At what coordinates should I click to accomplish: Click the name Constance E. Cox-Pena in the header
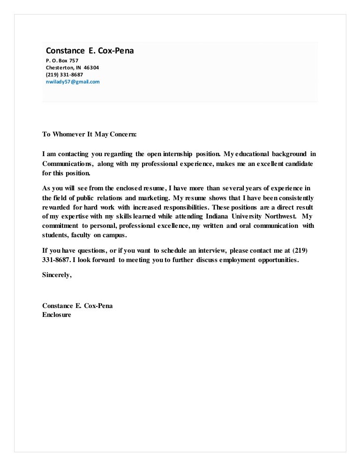(90, 51)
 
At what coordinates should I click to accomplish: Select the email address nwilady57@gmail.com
(73, 82)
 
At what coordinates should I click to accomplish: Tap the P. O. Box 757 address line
(62, 60)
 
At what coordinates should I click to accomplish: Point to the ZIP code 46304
(91, 68)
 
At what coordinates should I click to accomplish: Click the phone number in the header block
(64, 75)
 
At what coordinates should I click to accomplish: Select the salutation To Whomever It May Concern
(89, 134)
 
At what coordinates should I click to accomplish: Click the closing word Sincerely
(57, 275)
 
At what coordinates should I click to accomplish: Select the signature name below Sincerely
(77, 306)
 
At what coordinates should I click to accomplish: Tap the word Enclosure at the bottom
(57, 315)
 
